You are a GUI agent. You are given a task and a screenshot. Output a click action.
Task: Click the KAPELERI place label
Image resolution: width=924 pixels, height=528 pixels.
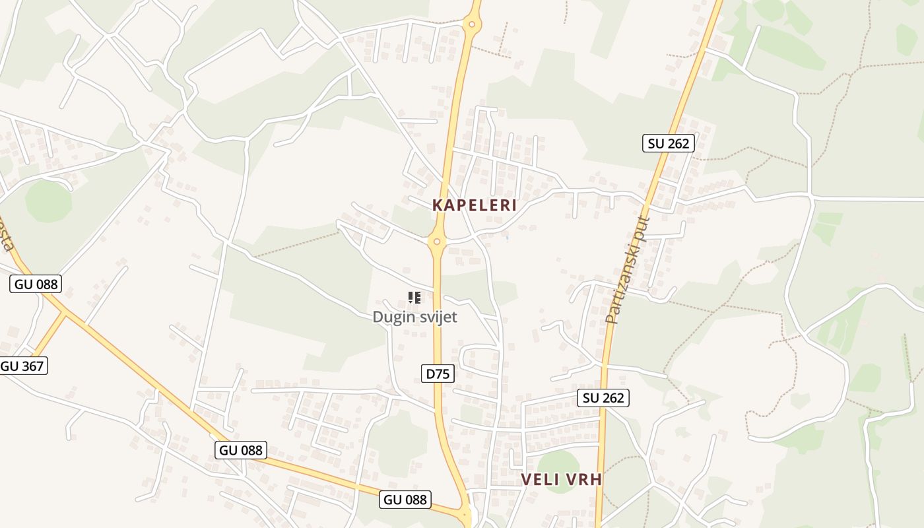pyautogui.click(x=474, y=205)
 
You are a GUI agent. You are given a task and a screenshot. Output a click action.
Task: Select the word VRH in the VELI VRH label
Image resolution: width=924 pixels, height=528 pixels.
pyautogui.click(x=584, y=480)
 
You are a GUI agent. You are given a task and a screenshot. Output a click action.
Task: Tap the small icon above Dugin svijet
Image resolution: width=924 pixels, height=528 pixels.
pyautogui.click(x=414, y=298)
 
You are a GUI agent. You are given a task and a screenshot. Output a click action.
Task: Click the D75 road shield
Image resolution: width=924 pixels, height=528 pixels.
pyautogui.click(x=437, y=374)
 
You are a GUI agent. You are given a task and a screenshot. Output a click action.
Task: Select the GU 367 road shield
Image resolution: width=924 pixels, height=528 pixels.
pyautogui.click(x=24, y=366)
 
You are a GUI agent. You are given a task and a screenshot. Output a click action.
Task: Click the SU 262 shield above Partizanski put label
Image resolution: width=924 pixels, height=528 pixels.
pyautogui.click(x=668, y=143)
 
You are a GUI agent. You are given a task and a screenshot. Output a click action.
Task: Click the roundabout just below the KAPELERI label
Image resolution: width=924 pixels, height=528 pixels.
pyautogui.click(x=437, y=242)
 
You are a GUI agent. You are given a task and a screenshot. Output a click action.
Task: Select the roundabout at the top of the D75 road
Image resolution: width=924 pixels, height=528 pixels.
pyautogui.click(x=471, y=25)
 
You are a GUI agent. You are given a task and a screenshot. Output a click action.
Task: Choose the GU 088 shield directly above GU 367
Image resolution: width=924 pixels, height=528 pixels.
pyautogui.click(x=36, y=284)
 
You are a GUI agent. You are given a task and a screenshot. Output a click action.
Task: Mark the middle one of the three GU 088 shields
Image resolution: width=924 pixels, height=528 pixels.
pyautogui.click(x=241, y=450)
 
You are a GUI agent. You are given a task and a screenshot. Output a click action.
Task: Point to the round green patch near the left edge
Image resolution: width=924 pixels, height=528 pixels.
pyautogui.click(x=48, y=201)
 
